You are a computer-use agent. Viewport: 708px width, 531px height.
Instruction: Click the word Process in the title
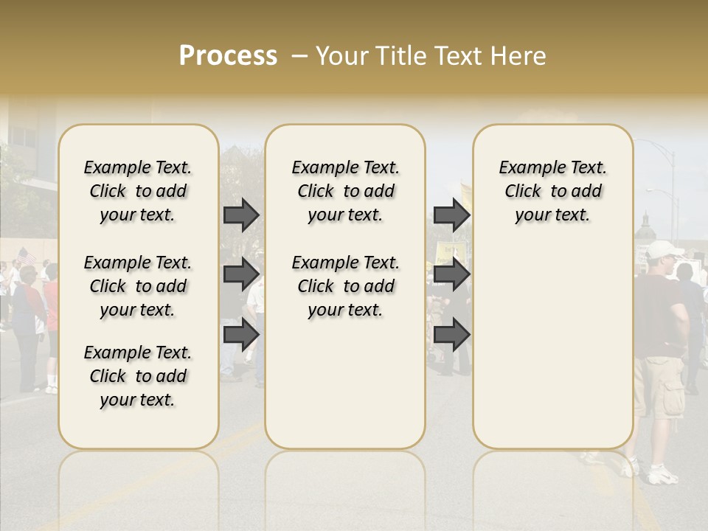click(228, 56)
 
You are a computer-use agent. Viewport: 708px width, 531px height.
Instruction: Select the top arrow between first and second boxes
click(241, 215)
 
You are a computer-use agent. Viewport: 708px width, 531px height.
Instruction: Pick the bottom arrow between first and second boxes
click(241, 334)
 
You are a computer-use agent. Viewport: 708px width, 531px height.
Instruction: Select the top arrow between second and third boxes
click(451, 215)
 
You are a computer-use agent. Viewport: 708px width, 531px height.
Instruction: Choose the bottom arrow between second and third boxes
click(451, 334)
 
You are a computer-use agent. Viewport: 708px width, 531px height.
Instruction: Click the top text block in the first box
click(138, 191)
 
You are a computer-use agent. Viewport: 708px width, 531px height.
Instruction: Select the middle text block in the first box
click(138, 286)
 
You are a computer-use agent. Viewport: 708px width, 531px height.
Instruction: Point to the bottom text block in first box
click(138, 376)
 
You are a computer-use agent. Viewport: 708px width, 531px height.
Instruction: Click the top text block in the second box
click(345, 191)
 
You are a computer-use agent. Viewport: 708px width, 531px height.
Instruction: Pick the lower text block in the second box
click(345, 286)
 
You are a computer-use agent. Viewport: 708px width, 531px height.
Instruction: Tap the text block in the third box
click(552, 191)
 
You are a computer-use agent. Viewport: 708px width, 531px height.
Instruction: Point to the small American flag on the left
click(27, 256)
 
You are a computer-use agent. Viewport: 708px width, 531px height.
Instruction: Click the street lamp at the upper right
click(668, 151)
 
